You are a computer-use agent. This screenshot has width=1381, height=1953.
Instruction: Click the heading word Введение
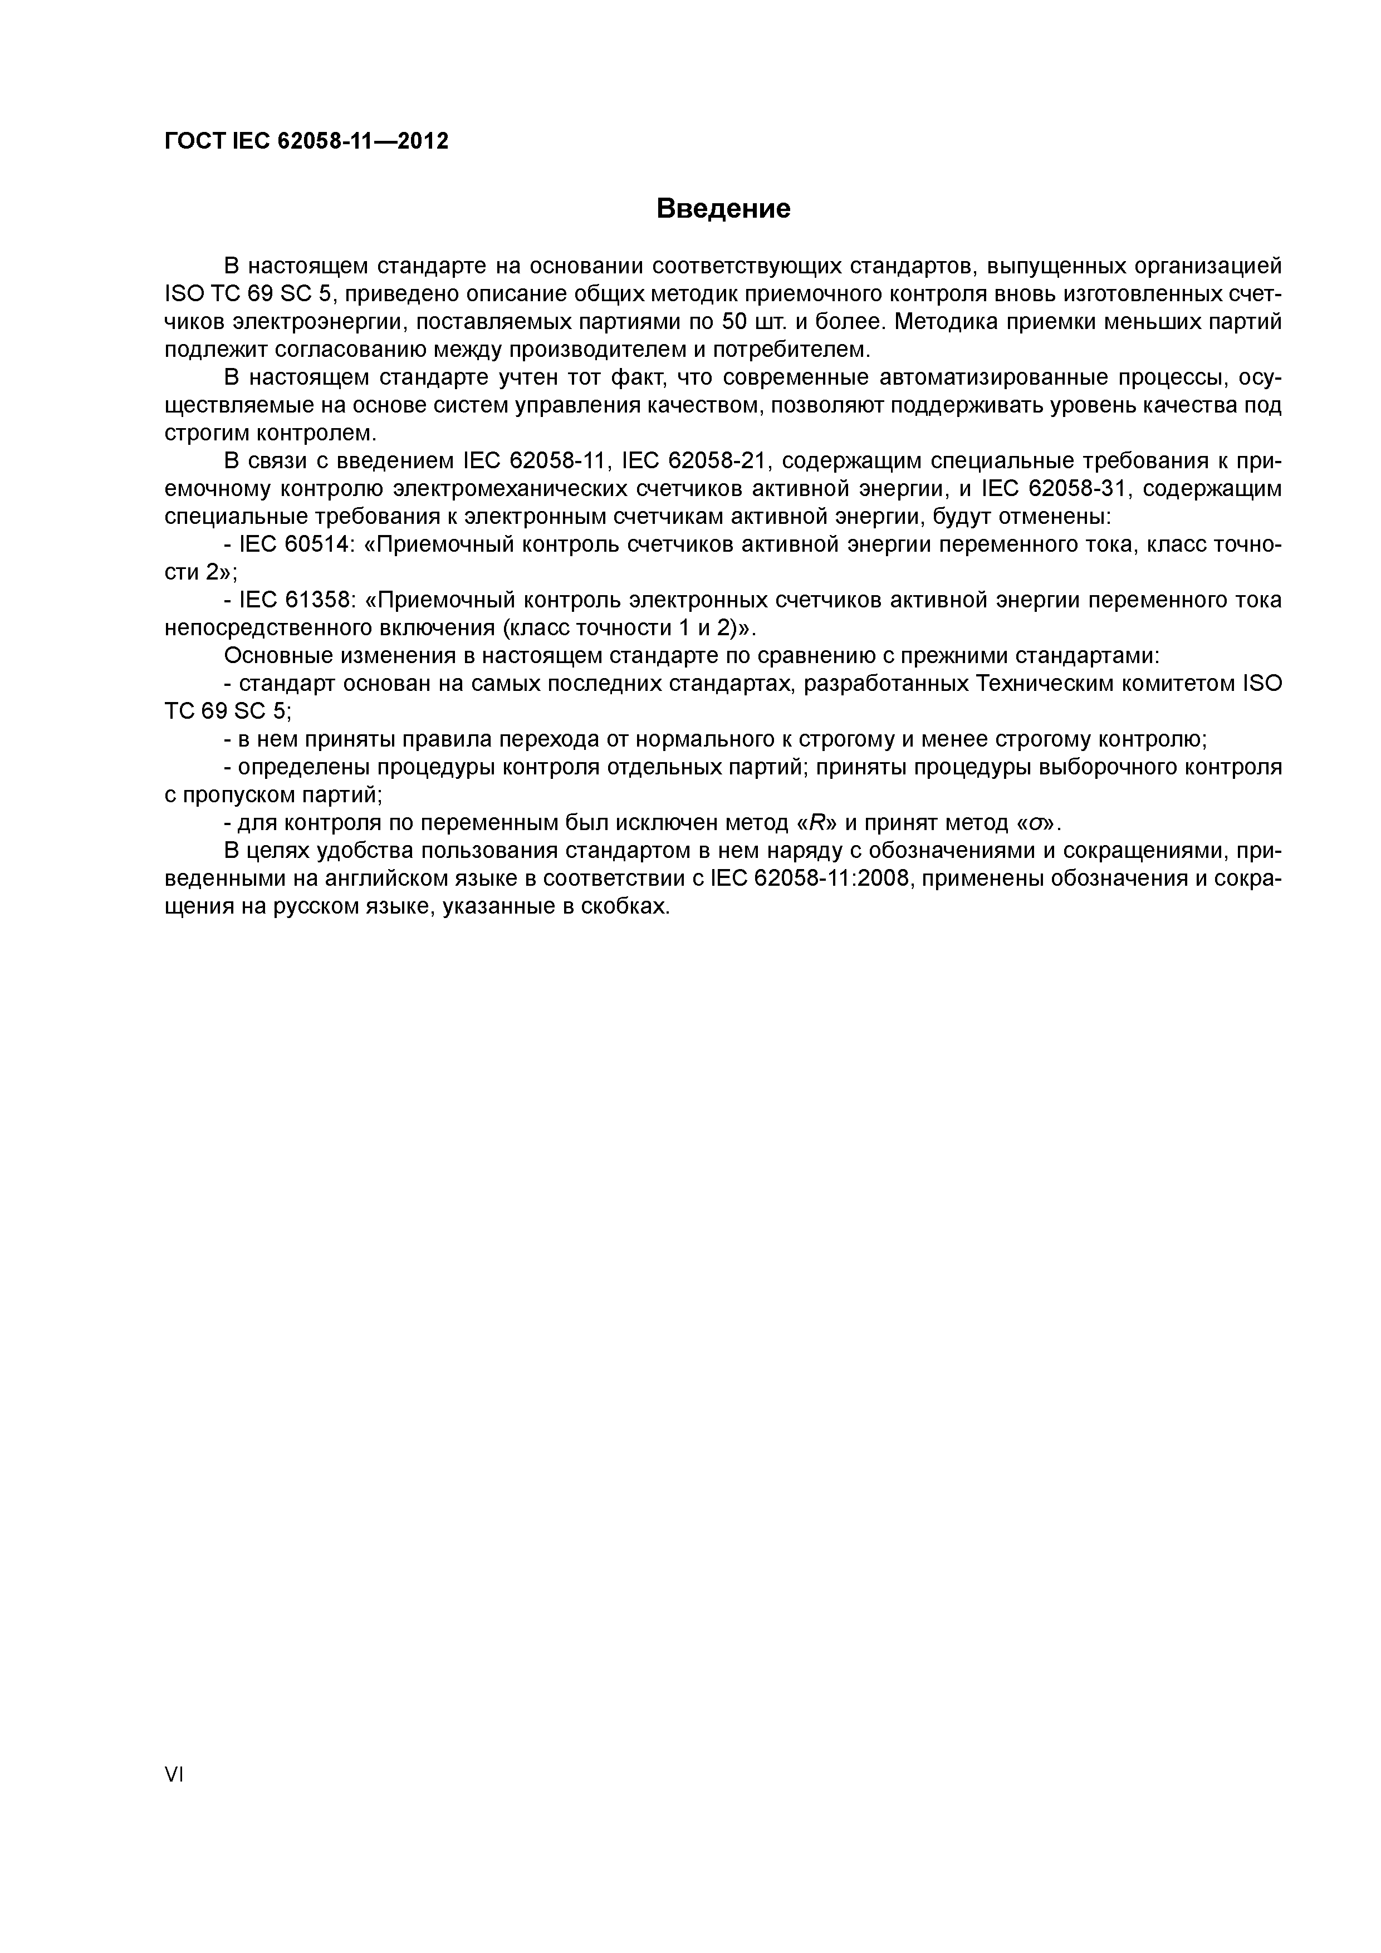(x=723, y=208)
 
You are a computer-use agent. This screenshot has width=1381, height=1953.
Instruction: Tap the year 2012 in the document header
(x=423, y=141)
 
